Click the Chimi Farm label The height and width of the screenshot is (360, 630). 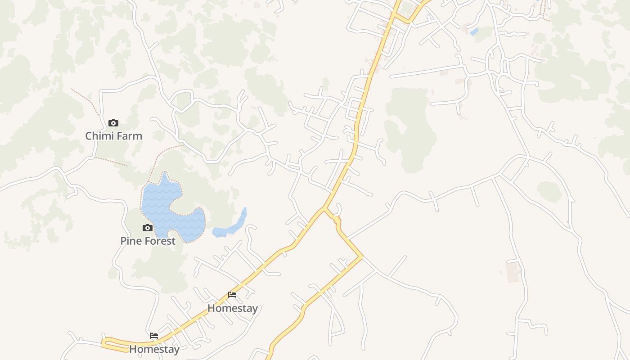(x=113, y=136)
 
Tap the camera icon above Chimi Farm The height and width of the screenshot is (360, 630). (x=113, y=123)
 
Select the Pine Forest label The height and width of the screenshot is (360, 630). (x=148, y=241)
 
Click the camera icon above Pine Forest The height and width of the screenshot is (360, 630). (x=148, y=228)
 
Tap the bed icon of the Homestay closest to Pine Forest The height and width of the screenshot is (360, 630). (x=232, y=295)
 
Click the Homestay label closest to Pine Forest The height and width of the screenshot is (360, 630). (x=232, y=308)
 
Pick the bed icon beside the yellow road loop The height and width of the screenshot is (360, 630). (x=154, y=336)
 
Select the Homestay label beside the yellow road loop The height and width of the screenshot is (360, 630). (x=154, y=349)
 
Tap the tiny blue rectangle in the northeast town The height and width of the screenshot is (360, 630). (x=474, y=31)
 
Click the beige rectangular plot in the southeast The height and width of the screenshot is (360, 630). (x=513, y=272)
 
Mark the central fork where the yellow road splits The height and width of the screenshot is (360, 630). (x=324, y=208)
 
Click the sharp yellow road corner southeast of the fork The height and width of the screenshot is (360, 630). (x=362, y=257)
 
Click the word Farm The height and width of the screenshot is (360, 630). (x=128, y=136)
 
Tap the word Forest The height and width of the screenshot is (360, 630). (x=158, y=241)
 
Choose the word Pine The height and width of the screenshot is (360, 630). (x=130, y=241)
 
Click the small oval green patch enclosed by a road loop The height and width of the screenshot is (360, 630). (x=549, y=191)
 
